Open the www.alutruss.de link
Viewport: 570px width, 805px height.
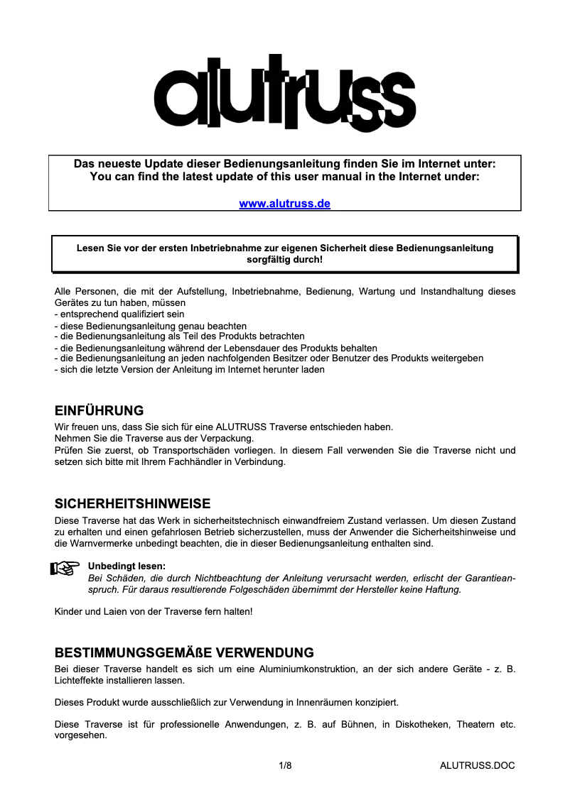pyautogui.click(x=284, y=204)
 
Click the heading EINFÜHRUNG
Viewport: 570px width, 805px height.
pyautogui.click(x=99, y=411)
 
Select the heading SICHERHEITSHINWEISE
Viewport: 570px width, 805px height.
pyautogui.click(x=132, y=504)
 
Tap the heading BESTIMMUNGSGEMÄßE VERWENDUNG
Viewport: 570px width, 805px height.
pyautogui.click(x=184, y=652)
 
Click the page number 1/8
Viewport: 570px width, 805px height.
pyautogui.click(x=285, y=765)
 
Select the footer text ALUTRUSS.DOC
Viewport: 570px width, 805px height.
pyautogui.click(x=477, y=765)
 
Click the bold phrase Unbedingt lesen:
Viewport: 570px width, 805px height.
pyautogui.click(x=126, y=566)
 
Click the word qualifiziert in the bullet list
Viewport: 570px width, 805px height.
pyautogui.click(x=138, y=314)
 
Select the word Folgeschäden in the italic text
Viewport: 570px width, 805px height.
pyautogui.click(x=200, y=589)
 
